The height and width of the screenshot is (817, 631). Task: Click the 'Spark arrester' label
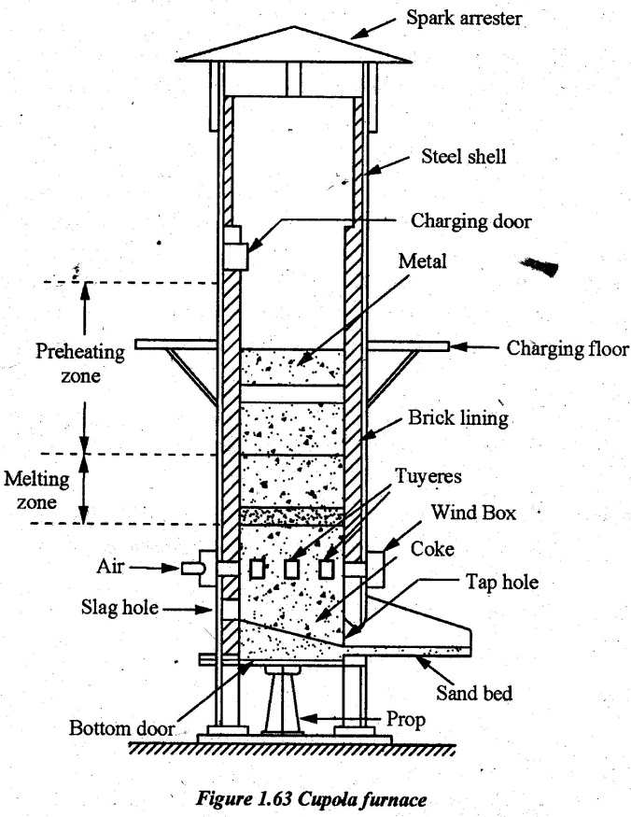464,19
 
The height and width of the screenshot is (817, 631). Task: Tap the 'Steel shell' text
463,156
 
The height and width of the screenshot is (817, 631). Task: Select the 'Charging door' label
471,221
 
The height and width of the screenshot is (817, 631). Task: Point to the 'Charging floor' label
568,348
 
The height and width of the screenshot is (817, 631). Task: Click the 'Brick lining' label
458,418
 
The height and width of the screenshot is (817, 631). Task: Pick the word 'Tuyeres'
428,476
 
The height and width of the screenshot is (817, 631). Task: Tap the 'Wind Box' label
473,513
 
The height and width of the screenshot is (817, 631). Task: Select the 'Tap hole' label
502,582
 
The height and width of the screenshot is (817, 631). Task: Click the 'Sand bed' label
474,693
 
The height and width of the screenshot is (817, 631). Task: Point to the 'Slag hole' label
119,607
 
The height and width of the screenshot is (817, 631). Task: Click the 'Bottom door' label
121,728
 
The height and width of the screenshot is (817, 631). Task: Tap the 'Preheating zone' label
80,363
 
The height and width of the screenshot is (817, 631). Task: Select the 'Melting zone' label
36,490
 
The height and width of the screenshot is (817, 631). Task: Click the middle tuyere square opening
291,569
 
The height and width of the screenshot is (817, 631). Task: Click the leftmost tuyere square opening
258,569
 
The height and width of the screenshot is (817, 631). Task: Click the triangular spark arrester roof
294,46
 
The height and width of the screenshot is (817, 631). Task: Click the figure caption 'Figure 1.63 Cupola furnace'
311,798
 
